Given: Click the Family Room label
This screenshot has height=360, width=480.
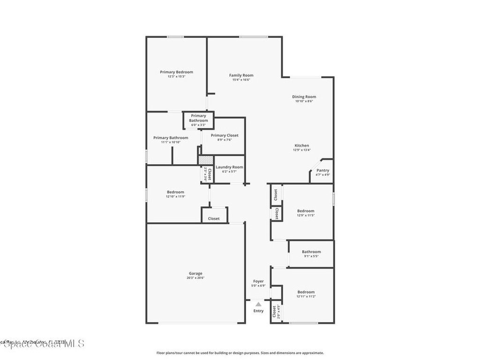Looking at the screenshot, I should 241,75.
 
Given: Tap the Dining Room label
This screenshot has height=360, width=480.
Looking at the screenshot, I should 304,97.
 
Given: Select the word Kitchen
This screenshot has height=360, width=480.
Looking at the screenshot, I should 301,146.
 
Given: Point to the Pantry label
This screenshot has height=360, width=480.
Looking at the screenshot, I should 322,171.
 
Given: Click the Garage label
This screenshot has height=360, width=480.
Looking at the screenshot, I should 195,273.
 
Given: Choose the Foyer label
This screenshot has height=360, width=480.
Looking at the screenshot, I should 258,281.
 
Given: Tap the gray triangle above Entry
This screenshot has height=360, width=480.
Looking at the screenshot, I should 258,304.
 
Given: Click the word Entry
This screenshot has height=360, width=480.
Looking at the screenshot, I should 258,311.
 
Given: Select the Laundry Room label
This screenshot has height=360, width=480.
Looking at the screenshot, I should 229,167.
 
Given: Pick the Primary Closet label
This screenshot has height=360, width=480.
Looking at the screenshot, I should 225,135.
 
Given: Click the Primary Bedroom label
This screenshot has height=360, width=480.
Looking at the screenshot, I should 176,72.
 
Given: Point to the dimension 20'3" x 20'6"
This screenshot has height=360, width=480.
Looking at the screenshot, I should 195,277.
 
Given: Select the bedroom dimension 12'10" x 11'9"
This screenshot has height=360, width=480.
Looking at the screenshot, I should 175,196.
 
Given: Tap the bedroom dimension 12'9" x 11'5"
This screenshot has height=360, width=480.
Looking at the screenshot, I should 306,216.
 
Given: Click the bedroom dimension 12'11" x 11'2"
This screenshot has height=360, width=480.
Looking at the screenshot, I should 306,296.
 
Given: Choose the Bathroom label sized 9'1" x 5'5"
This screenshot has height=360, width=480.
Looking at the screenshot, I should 311,252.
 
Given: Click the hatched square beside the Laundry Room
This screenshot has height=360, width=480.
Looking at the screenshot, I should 205,160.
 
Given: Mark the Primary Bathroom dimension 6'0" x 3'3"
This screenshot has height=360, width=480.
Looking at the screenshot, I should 198,125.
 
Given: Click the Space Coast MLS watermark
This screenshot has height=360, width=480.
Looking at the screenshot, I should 42,344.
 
